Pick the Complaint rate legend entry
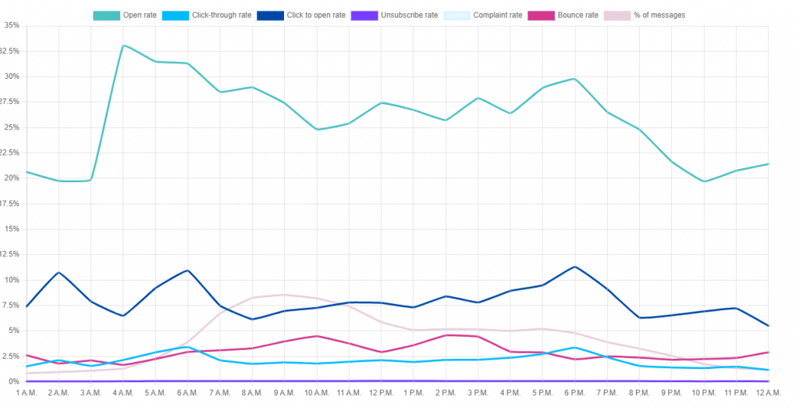click(485, 15)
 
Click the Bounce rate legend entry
click(563, 15)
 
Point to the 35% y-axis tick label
click(11, 26)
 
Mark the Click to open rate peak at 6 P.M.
click(575, 267)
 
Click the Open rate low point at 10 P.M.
click(704, 181)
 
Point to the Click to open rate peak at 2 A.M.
click(59, 272)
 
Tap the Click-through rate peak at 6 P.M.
click(575, 348)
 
